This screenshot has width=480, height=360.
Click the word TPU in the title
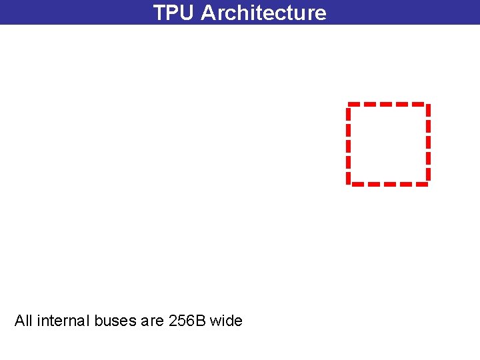[174, 13]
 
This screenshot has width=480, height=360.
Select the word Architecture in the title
[264, 13]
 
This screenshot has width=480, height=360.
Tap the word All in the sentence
[23, 321]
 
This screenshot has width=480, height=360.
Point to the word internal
[62, 321]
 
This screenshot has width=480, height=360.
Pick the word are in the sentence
[153, 321]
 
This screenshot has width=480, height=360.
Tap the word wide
[227, 321]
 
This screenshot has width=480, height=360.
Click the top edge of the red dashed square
[388, 104]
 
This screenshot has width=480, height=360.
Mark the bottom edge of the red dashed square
[388, 183]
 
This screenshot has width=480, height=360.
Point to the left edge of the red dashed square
[349, 143]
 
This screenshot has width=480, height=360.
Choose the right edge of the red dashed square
[427, 143]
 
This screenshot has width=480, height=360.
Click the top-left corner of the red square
[349, 105]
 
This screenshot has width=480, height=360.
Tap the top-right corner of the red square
[427, 105]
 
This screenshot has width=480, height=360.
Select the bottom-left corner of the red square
[349, 183]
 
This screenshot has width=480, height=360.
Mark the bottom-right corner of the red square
[427, 183]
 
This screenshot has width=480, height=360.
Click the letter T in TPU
[160, 13]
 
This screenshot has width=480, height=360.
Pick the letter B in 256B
[201, 321]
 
